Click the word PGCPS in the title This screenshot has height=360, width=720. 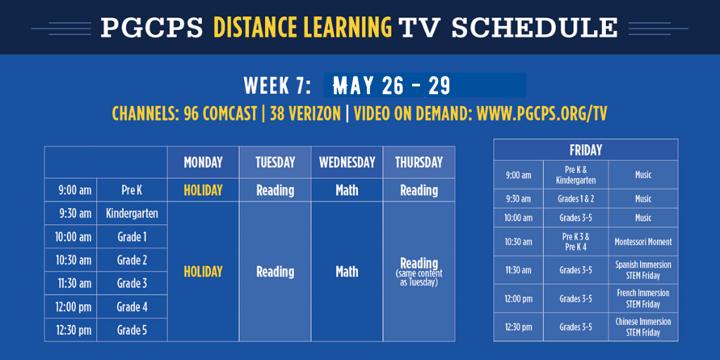coord(152,27)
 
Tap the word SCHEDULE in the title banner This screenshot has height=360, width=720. coord(534,27)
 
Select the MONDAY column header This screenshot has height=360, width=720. coord(203,162)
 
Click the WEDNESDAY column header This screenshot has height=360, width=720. coord(347,162)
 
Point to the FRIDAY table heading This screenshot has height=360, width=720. coord(586,150)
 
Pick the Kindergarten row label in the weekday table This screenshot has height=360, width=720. coord(131,214)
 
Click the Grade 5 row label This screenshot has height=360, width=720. coord(131,330)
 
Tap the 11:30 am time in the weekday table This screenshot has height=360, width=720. coord(73,283)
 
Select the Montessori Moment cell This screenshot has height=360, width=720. coord(643,242)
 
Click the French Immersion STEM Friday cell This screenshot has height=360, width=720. coord(643,298)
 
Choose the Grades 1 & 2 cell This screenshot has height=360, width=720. coord(575,199)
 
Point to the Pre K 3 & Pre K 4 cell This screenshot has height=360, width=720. coord(575,242)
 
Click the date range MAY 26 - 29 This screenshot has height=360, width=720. coord(392,85)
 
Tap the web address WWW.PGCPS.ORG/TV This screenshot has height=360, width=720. coord(542,113)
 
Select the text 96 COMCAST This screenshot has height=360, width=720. coord(220,113)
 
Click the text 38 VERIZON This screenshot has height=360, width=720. coord(305,113)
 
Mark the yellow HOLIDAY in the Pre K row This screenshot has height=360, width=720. coord(203,190)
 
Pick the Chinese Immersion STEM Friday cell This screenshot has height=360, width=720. coord(643,327)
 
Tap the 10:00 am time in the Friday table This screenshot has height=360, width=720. coord(518,218)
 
